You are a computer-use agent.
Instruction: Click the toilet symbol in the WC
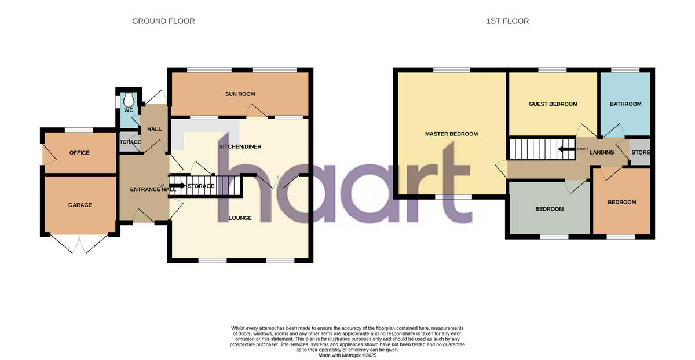click(128, 99)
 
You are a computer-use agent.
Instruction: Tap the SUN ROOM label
click(240, 94)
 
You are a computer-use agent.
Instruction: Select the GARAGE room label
click(80, 205)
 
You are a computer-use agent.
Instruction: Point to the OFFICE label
click(79, 153)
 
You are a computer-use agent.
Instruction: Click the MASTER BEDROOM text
click(451, 134)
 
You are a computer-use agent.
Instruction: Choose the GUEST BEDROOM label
click(553, 104)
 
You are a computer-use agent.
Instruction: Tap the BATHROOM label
click(625, 104)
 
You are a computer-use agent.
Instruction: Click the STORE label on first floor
click(641, 153)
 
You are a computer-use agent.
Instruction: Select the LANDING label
click(602, 153)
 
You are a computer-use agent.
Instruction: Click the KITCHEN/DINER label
click(240, 147)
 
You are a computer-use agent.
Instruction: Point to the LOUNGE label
click(240, 218)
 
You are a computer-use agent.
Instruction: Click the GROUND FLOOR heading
click(163, 21)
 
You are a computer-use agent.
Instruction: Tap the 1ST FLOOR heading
click(507, 21)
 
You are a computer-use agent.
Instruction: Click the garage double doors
click(80, 243)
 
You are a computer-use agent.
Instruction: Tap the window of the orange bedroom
click(621, 237)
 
